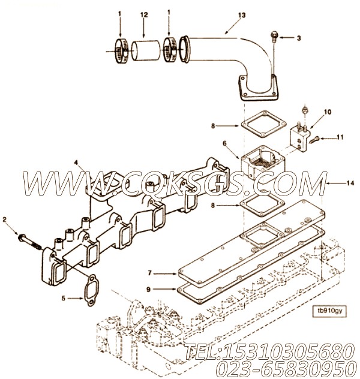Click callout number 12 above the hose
point(143,13)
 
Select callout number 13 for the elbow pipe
point(225,13)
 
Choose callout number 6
point(225,144)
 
